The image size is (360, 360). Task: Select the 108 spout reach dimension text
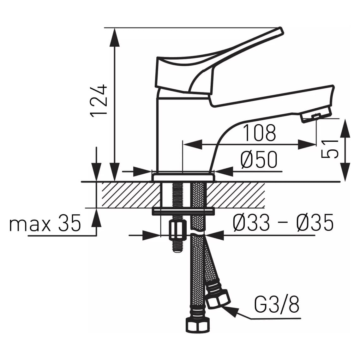[x=260, y=133]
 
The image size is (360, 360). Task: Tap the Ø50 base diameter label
[x=259, y=159]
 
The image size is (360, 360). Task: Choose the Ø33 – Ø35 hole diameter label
[x=283, y=223]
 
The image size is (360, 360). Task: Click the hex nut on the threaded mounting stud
[x=177, y=230]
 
